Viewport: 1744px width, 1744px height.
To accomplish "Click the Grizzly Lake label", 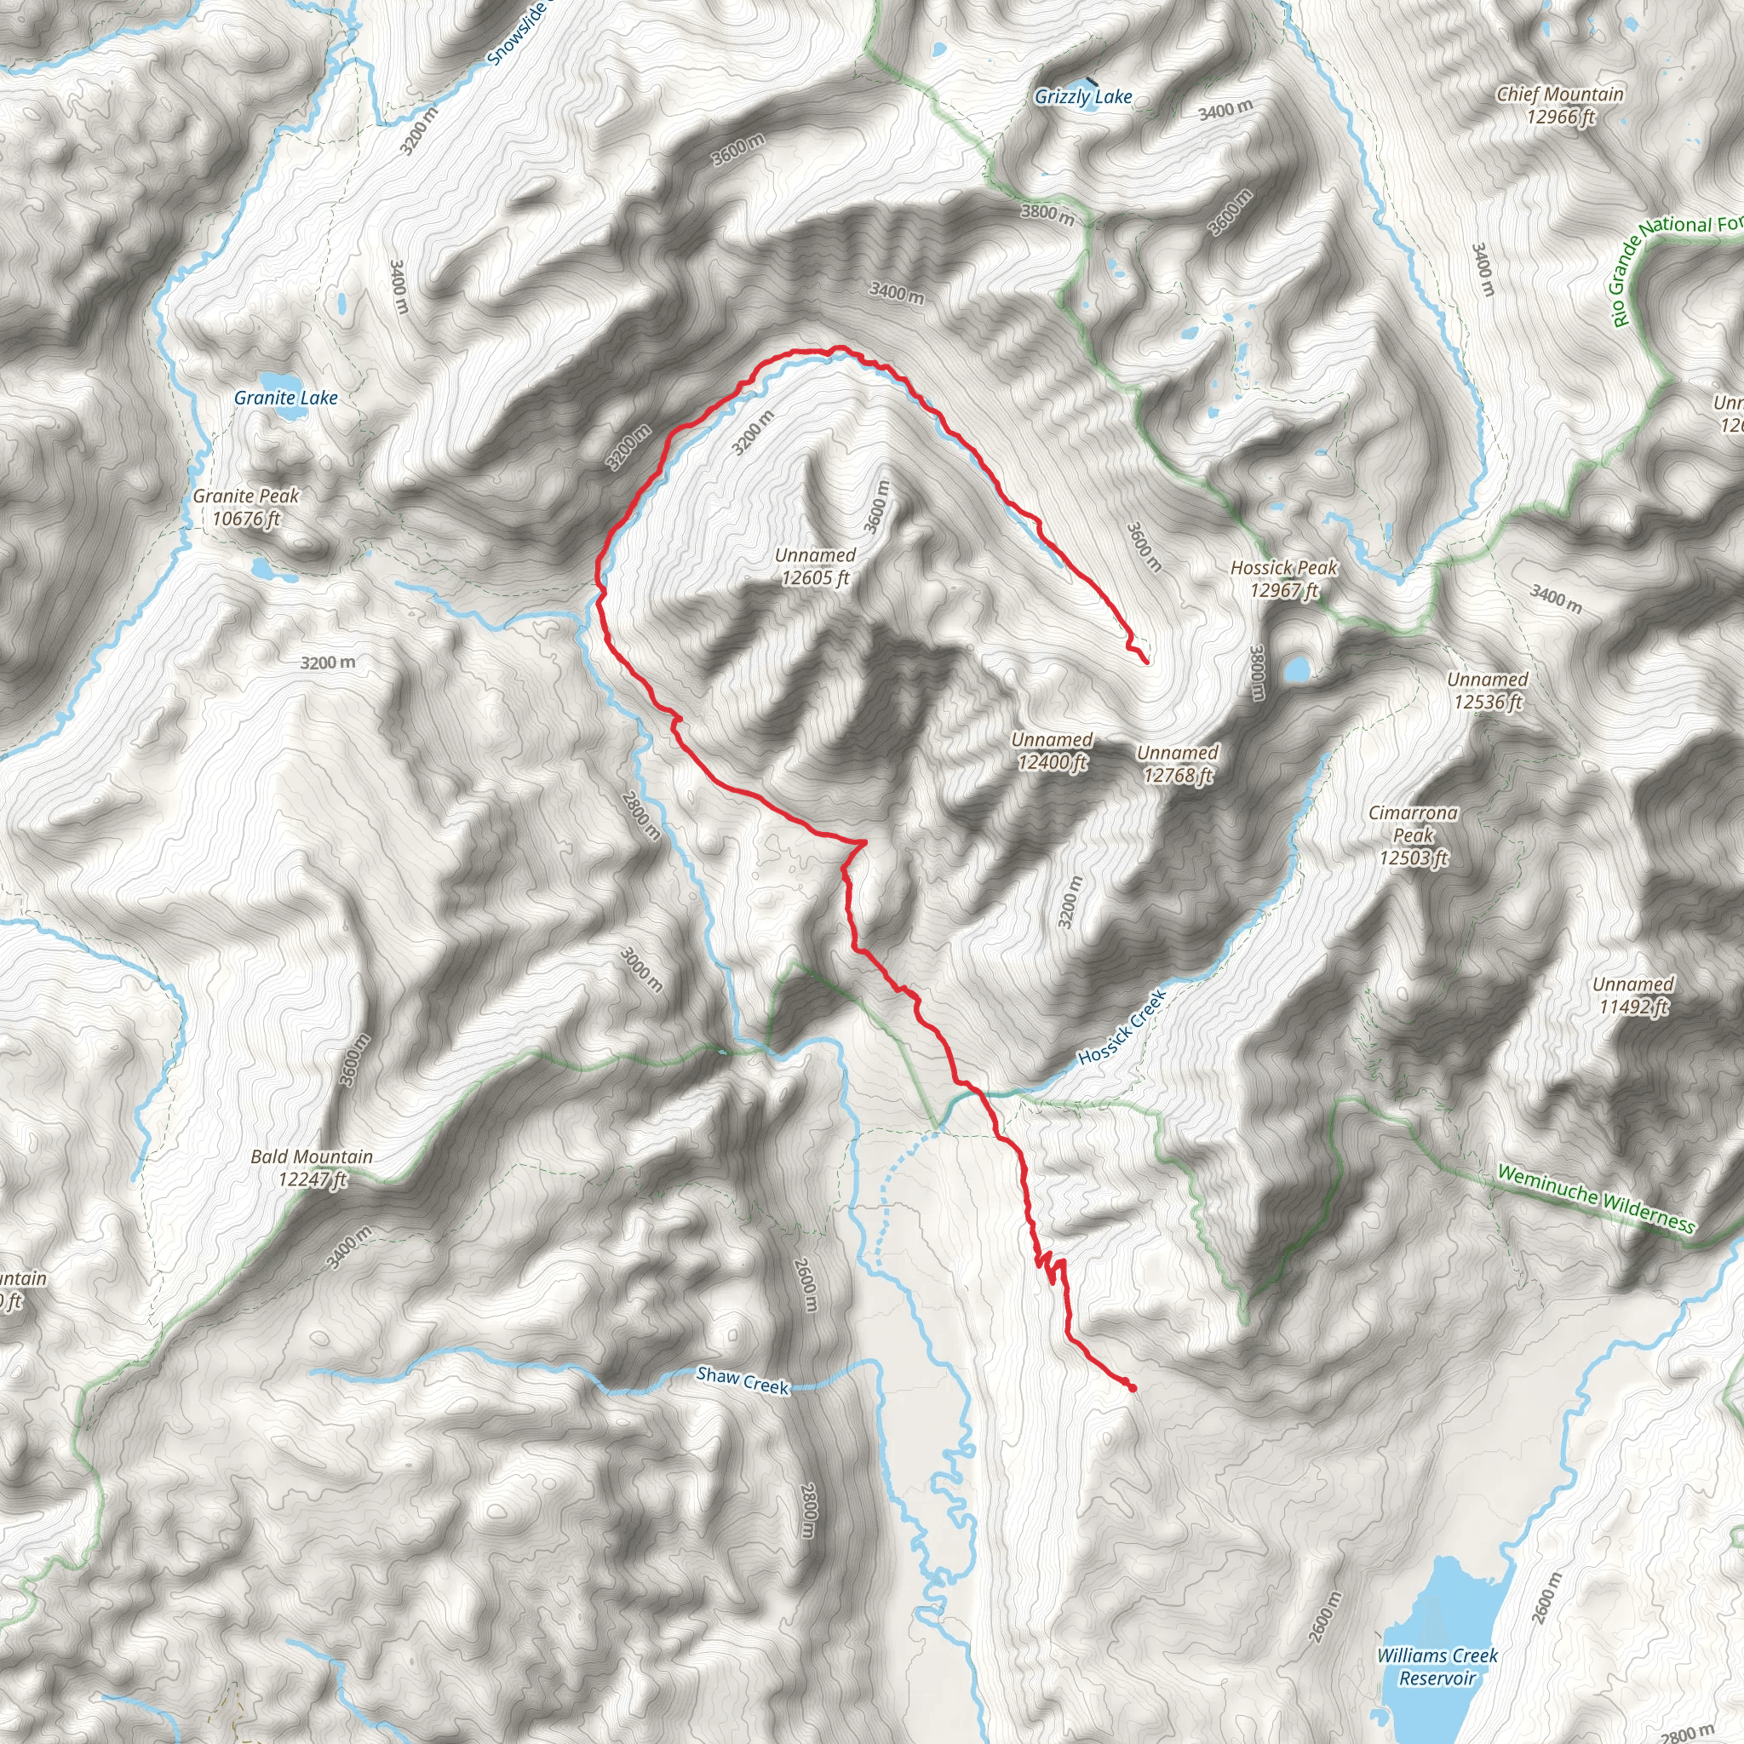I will point(1083,96).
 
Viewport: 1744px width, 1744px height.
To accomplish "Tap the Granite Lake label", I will point(285,397).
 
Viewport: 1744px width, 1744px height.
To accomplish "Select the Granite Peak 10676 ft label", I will point(245,508).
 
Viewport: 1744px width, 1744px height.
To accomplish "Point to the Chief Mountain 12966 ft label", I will point(1560,105).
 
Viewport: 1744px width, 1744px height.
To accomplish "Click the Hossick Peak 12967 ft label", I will point(1283,578).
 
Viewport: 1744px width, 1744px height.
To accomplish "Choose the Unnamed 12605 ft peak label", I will point(815,567).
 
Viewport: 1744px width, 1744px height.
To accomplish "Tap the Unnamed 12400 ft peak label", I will point(1052,751).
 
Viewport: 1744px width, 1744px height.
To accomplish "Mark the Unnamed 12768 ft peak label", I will point(1177,764).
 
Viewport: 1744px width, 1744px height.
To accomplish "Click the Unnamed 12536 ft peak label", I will point(1488,691).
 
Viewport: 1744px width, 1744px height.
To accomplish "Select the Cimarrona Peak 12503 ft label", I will point(1413,835).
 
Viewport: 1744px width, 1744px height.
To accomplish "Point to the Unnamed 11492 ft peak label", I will point(1633,995).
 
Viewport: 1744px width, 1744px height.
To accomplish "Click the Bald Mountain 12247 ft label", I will point(312,1168).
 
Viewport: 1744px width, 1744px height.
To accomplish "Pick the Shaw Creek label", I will point(743,1380).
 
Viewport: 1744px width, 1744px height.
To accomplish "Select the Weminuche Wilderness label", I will point(1596,1199).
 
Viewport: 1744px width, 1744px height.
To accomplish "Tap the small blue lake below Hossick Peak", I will point(1296,668).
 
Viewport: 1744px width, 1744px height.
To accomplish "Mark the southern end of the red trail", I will point(1132,1389).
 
